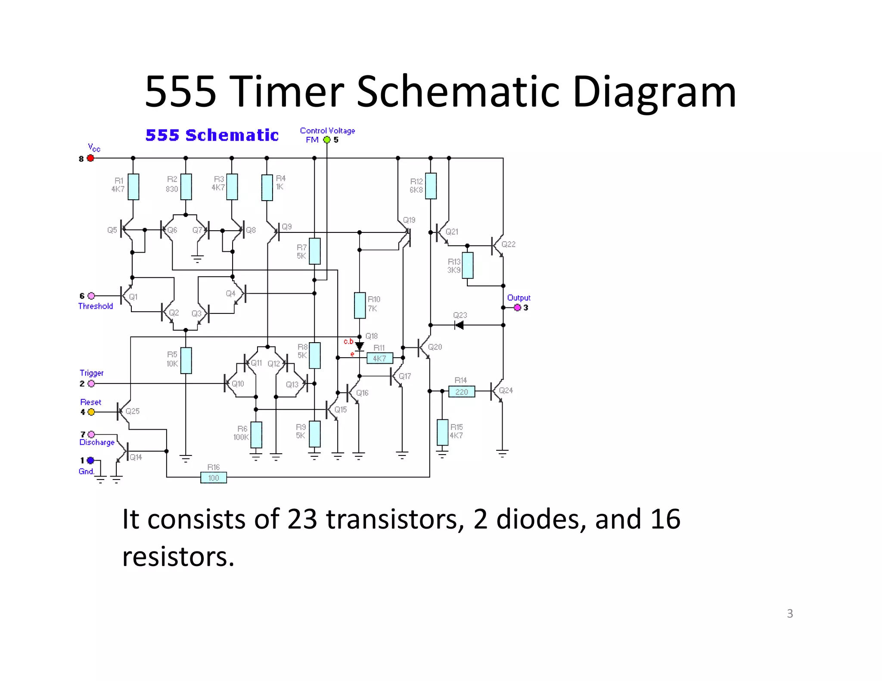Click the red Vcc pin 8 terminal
point(90,158)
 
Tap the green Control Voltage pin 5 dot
point(327,139)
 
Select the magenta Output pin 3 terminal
point(518,307)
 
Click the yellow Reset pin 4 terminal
point(91,412)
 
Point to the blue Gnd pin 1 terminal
point(90,461)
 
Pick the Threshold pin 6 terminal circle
point(91,296)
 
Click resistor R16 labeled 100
point(214,477)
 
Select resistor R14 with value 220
point(462,392)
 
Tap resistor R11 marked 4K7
point(379,358)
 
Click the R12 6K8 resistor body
point(431,186)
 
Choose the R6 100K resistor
point(256,435)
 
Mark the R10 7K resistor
point(360,306)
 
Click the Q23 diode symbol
point(459,325)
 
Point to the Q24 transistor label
point(506,390)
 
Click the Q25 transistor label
point(133,411)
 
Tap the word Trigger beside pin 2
point(92,373)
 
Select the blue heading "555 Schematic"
point(212,135)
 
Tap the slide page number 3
point(790,613)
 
